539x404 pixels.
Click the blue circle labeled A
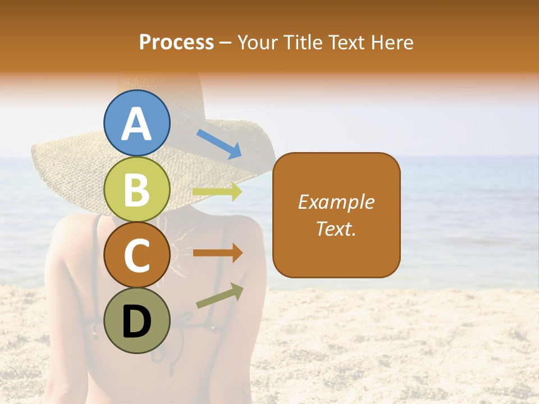(x=136, y=123)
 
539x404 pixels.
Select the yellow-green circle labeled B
(x=136, y=189)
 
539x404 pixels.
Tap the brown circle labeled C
(x=136, y=255)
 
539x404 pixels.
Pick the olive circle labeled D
(x=136, y=320)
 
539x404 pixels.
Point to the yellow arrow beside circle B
(x=217, y=192)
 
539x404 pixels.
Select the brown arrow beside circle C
(x=217, y=252)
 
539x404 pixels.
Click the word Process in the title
(x=176, y=42)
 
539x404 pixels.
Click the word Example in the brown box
(x=336, y=202)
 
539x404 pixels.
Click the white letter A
(x=136, y=124)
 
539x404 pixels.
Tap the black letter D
(x=136, y=322)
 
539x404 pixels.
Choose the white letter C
(x=136, y=256)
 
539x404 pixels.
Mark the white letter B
(x=136, y=190)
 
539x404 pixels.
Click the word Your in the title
(x=257, y=42)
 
